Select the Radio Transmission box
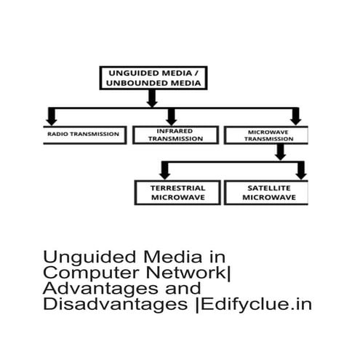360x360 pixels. [84, 135]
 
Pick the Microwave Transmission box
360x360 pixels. [265, 135]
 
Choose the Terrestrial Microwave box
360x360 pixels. [177, 193]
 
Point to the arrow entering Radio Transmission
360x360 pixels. [52, 117]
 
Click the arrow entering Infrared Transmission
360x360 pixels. [172, 117]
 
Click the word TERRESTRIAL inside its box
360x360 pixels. [177, 188]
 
